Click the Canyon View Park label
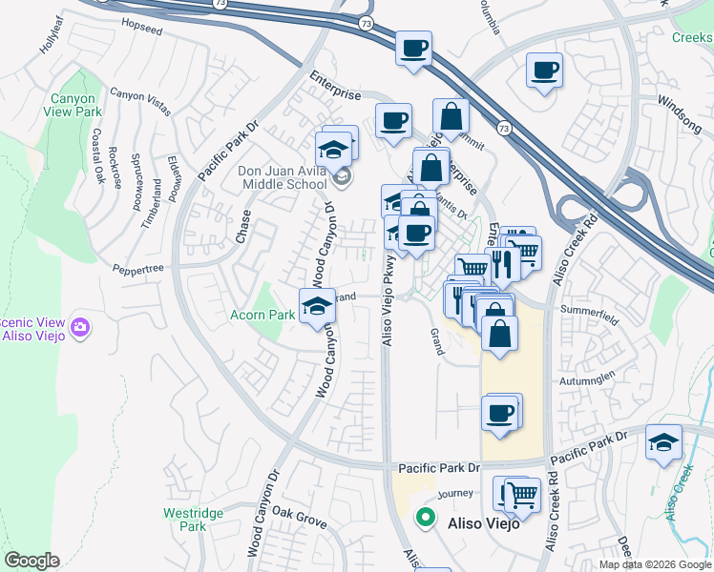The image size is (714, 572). click(70, 105)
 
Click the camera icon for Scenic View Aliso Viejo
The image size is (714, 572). click(80, 327)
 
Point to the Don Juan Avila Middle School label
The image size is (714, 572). click(283, 177)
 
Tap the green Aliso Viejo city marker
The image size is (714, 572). click(425, 520)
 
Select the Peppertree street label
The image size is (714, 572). click(139, 270)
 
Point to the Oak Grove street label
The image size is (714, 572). click(299, 519)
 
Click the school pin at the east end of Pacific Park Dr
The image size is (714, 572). click(663, 442)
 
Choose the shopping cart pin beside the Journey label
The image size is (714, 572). click(521, 495)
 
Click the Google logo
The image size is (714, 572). click(31, 561)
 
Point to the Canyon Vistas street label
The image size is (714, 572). click(140, 100)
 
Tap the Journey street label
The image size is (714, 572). click(455, 495)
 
